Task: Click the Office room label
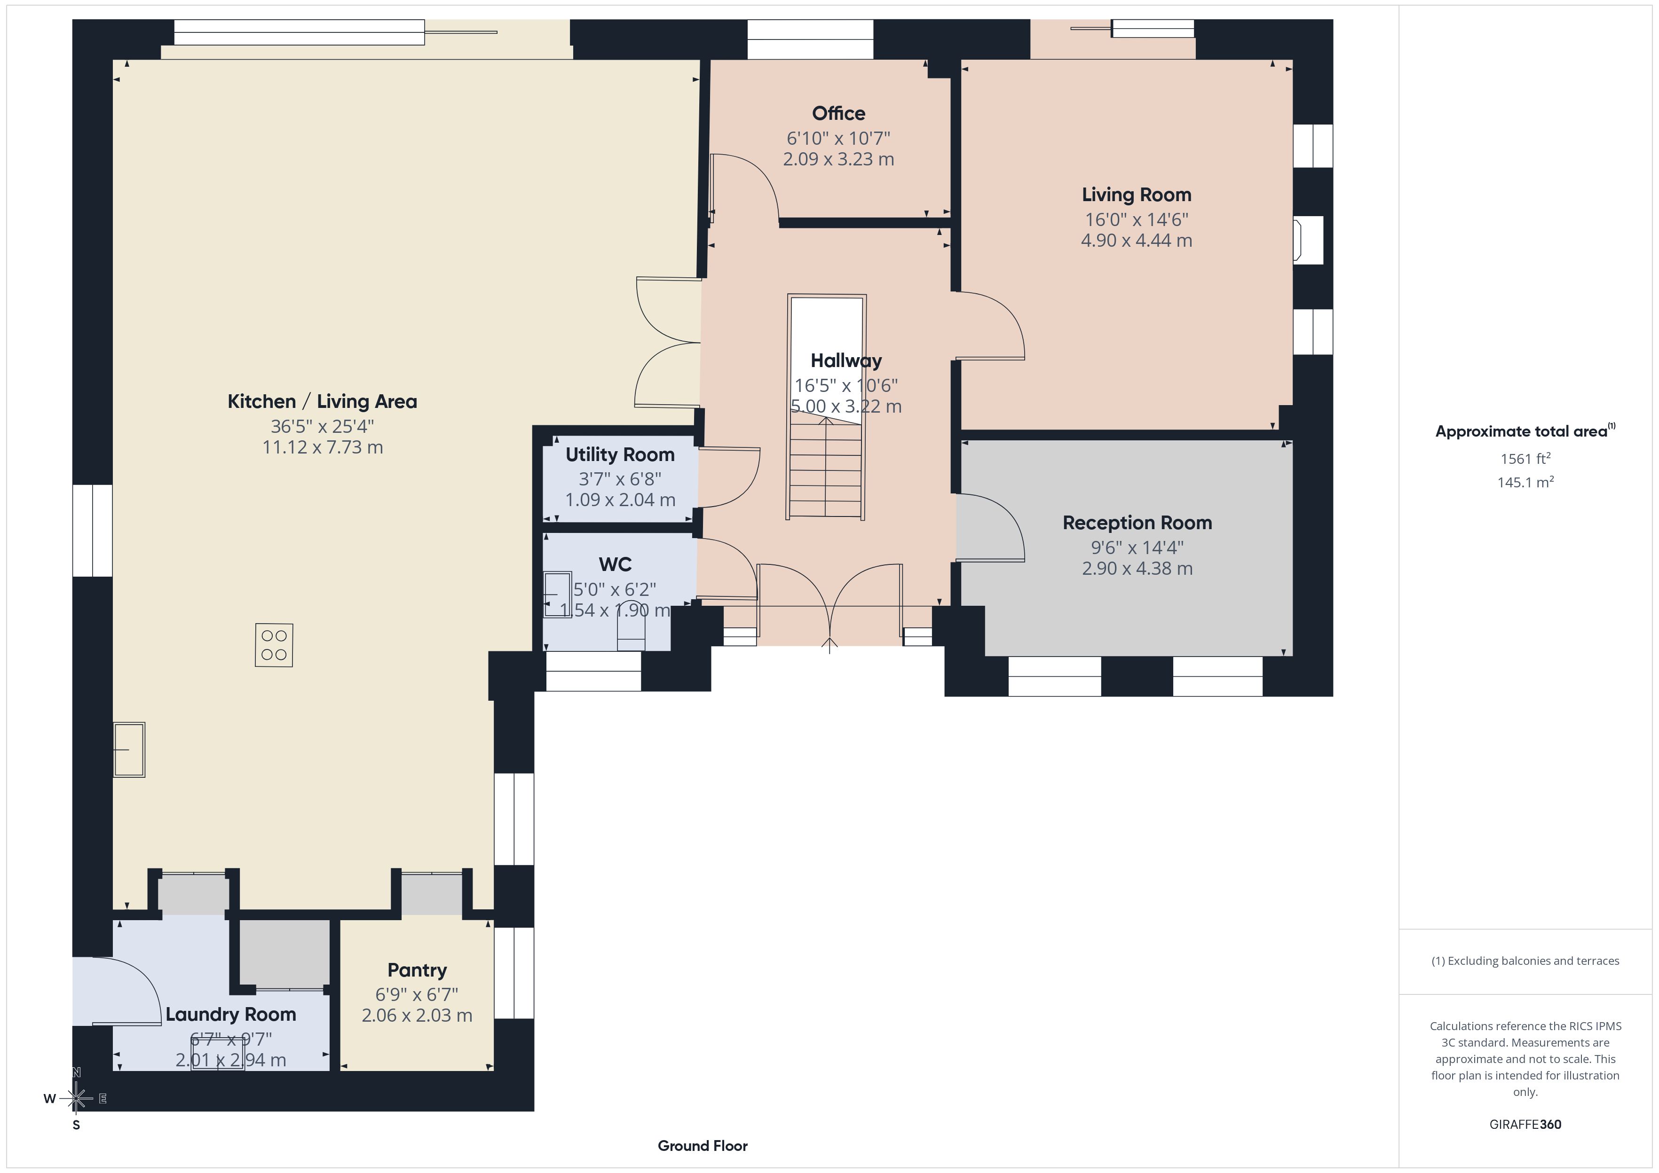(x=838, y=113)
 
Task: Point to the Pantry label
(x=417, y=970)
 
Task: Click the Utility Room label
(x=620, y=455)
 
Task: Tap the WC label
(x=615, y=564)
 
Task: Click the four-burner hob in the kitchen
(x=274, y=645)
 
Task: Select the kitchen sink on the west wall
(x=129, y=750)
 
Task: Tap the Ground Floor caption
(x=703, y=1146)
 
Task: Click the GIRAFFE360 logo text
(x=1525, y=1125)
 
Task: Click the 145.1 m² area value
(x=1525, y=482)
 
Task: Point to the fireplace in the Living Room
(x=1308, y=240)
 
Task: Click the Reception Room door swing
(x=990, y=527)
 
